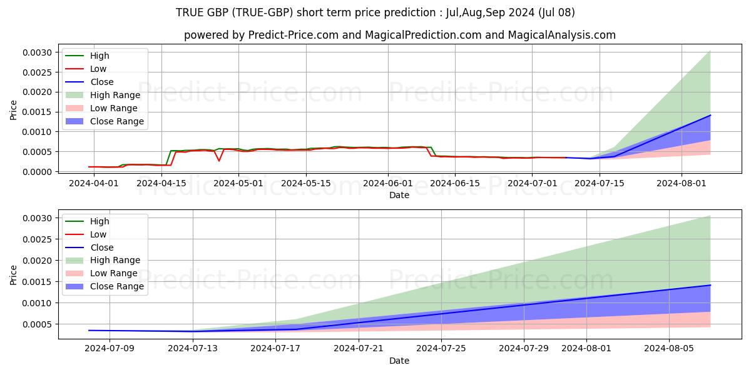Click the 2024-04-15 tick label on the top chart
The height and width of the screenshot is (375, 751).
coord(161,184)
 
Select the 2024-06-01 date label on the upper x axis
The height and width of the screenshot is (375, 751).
coord(388,184)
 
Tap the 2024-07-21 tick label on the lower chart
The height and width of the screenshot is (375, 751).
coord(359,349)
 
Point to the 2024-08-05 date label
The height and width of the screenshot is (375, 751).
coord(669,349)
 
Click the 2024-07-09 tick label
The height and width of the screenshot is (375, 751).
coord(110,349)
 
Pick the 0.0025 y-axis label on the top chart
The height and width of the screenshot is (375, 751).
coord(37,72)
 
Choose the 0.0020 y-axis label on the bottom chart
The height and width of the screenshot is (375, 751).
coord(37,261)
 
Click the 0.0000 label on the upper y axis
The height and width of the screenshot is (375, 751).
coord(37,172)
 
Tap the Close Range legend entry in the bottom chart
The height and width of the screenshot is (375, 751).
coord(105,287)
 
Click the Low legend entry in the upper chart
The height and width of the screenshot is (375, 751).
coord(86,69)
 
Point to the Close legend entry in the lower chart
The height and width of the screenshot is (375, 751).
coord(89,247)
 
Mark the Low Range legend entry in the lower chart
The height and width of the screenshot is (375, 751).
coord(101,274)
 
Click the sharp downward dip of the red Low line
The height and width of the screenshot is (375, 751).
coord(219,161)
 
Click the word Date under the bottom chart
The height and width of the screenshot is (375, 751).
coord(399,361)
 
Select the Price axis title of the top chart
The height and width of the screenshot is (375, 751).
coord(13,110)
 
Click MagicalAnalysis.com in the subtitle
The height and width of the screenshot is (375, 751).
coord(561,35)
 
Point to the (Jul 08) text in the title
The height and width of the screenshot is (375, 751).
coord(556,12)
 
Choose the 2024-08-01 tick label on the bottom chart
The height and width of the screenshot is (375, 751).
coord(586,349)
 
